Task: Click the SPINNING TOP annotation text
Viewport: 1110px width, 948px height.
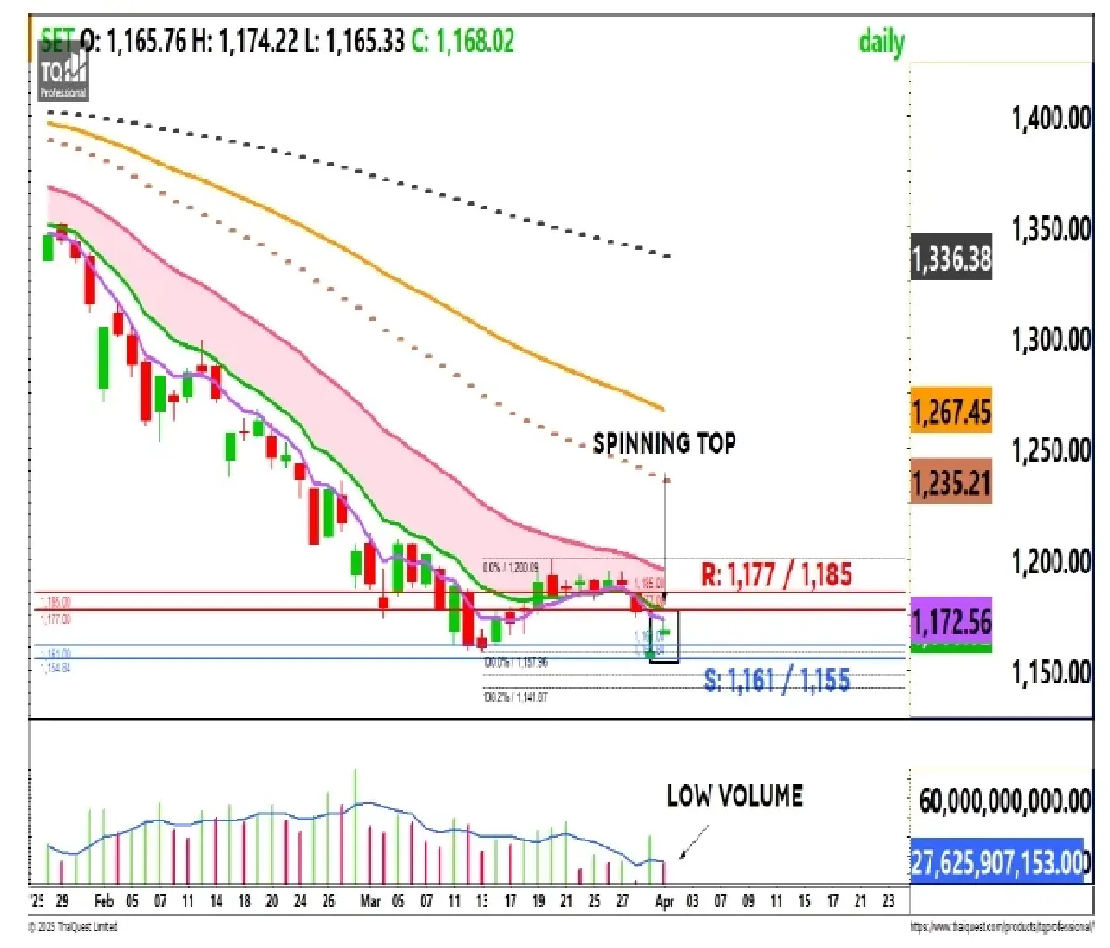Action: coord(664,443)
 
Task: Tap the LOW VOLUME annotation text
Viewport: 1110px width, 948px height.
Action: coord(734,795)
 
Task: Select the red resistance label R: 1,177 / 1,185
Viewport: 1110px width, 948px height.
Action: coord(776,574)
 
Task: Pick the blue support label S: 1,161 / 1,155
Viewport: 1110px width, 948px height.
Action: coord(777,681)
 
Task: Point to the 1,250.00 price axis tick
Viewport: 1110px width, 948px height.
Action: coord(1051,450)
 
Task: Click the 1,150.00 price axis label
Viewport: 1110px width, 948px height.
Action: coord(1051,671)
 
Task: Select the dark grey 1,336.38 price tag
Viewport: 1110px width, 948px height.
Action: coord(951,260)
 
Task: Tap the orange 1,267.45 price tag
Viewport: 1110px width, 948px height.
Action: coord(951,411)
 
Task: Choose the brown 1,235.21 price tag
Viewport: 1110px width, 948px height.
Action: coord(951,482)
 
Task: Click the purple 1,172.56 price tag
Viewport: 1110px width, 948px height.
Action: coord(951,621)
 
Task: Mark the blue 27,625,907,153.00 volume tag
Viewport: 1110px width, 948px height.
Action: coord(996,862)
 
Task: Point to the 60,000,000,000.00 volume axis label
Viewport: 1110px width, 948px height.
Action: coord(1005,801)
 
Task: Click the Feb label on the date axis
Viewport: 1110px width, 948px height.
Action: coord(105,901)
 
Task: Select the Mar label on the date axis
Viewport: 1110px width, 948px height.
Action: coord(370,901)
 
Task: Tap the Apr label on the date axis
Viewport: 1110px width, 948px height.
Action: coord(664,901)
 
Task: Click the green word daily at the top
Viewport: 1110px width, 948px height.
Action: coord(882,42)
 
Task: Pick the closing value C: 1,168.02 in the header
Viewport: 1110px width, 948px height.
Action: coord(462,41)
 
